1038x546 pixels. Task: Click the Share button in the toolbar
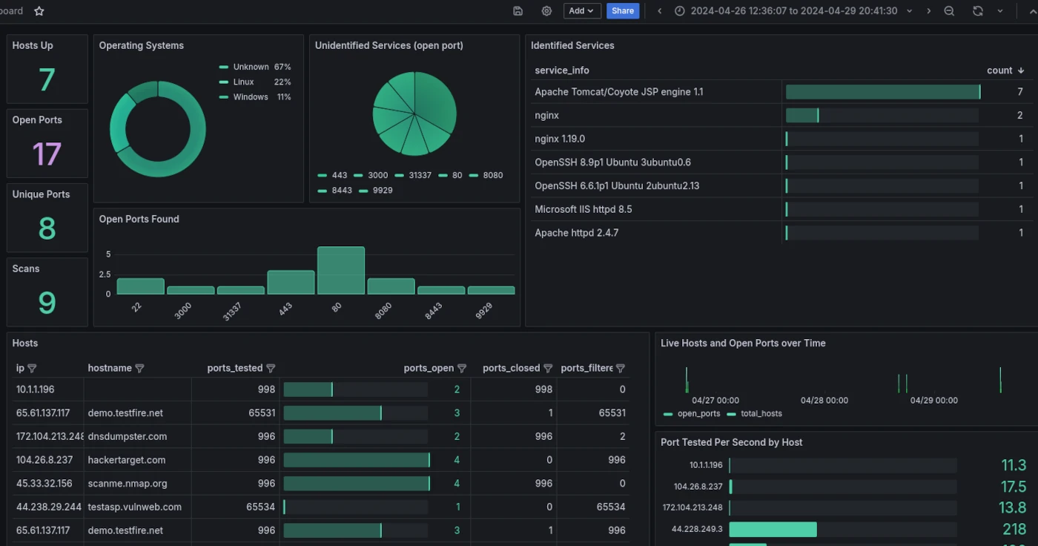click(623, 11)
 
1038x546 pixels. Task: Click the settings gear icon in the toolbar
click(546, 11)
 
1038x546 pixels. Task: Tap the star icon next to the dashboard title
click(39, 11)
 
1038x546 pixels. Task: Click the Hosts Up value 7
click(47, 79)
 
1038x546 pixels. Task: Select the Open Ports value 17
click(47, 154)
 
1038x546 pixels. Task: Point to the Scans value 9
click(47, 303)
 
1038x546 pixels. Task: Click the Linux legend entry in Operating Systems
click(243, 82)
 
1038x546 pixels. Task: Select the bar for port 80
click(341, 271)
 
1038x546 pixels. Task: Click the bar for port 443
click(291, 283)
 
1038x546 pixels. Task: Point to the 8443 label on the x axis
click(434, 311)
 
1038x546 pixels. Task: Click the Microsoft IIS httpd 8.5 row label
click(584, 209)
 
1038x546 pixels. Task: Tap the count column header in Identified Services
click(999, 70)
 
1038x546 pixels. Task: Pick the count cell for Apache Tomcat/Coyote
click(1020, 92)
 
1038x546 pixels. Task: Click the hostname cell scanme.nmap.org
click(128, 484)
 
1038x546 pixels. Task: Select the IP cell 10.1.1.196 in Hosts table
click(36, 389)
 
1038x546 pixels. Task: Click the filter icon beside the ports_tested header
click(271, 369)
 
